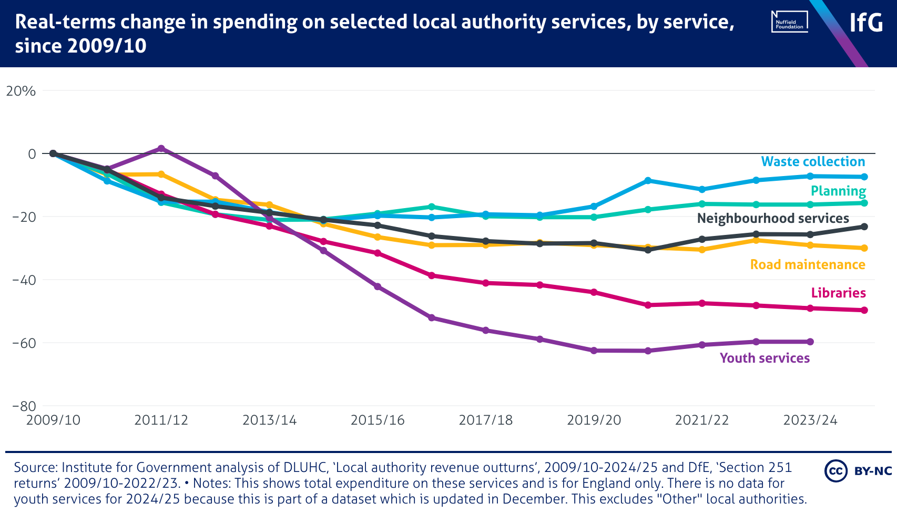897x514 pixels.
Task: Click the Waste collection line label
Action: [813, 162]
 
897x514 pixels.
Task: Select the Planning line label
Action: [838, 191]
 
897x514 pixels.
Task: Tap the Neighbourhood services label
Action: [773, 219]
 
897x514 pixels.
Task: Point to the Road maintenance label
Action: [808, 265]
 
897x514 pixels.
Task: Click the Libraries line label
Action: [838, 293]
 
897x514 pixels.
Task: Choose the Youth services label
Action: [765, 358]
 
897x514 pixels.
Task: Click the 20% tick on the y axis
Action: [21, 91]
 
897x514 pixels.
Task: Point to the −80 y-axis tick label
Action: [24, 406]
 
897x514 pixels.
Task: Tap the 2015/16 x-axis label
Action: [378, 420]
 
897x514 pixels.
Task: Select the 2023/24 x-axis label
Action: [810, 420]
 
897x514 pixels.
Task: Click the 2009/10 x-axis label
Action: [53, 420]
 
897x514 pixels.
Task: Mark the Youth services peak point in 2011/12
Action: [161, 148]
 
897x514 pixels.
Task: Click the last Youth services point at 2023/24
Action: [810, 342]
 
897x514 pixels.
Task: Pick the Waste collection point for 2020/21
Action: [648, 180]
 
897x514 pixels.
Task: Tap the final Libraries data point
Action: [864, 310]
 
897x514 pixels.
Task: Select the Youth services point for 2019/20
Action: [594, 351]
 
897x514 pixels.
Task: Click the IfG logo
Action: [866, 23]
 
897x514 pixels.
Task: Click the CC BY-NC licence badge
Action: [858, 471]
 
